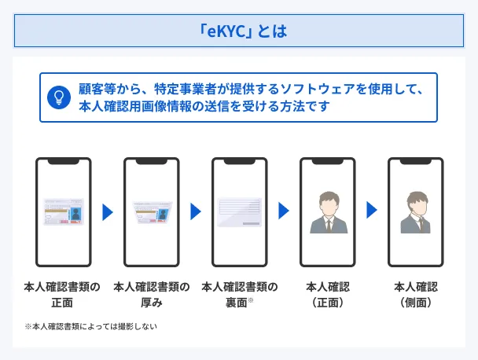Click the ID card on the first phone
click(x=63, y=211)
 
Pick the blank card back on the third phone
click(x=239, y=212)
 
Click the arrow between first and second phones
click(x=108, y=211)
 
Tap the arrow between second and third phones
click(x=196, y=211)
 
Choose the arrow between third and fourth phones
click(x=284, y=211)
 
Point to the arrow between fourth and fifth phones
click(x=372, y=211)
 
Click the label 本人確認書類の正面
click(x=63, y=293)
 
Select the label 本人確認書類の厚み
click(x=151, y=293)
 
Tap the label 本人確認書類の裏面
click(x=239, y=293)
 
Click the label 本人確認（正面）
click(x=327, y=293)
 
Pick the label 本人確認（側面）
click(x=415, y=293)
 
